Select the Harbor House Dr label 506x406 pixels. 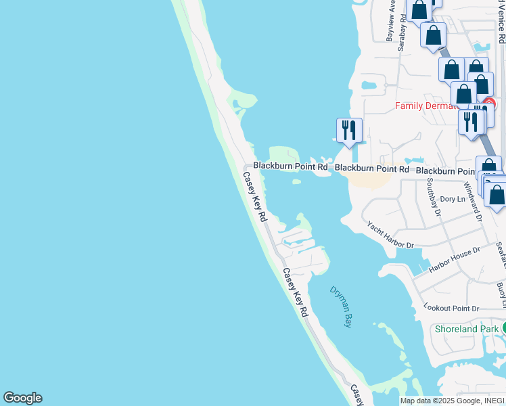pos(455,260)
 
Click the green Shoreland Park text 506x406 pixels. pos(466,329)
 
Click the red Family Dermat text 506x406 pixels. pos(428,106)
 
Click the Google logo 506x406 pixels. pos(22,398)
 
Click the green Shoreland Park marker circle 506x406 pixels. pos(504,329)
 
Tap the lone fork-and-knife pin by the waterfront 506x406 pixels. pos(349,131)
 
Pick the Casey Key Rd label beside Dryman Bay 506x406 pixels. pos(296,293)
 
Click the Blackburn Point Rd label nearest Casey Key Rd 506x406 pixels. pos(290,166)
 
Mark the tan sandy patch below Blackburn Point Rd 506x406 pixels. pos(366,179)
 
